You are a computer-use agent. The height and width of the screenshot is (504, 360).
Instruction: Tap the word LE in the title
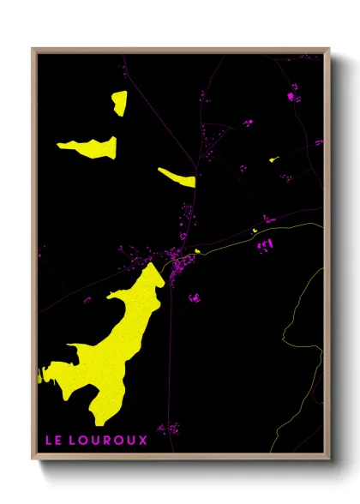[x=53, y=440]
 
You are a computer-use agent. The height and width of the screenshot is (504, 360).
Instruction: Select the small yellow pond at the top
[x=118, y=103]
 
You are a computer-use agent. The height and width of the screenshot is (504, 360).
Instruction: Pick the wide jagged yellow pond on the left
[x=88, y=147]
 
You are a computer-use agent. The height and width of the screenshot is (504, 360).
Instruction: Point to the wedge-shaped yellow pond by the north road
[x=178, y=177]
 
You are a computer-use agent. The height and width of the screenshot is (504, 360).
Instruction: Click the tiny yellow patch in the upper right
[x=273, y=159]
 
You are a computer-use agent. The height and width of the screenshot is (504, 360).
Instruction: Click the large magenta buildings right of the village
[x=264, y=247]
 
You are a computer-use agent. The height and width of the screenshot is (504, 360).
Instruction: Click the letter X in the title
[x=143, y=440]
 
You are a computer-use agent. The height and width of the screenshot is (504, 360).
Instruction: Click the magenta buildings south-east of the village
[x=195, y=297]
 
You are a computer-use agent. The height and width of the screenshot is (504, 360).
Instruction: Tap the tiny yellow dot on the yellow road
[x=254, y=231]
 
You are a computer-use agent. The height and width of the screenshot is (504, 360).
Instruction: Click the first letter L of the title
[x=48, y=440]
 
